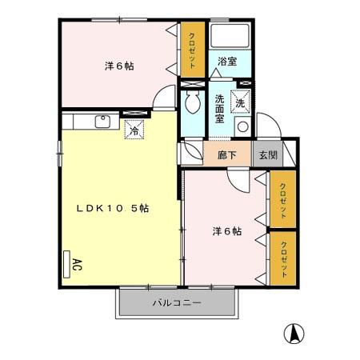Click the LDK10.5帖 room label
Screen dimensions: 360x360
coord(112,208)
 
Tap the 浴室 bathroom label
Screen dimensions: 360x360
coord(226,62)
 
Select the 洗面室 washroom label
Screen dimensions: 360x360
coord(219,110)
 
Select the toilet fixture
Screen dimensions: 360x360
coord(193,102)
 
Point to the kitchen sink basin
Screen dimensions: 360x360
coord(102,122)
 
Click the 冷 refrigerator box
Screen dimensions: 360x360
coord(134,128)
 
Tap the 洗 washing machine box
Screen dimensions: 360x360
coord(240,101)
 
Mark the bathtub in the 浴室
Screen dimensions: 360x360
coord(231,37)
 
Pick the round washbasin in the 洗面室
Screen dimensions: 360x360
coord(242,126)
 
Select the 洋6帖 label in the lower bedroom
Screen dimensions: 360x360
coord(227,232)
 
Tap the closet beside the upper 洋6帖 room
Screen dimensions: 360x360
coord(193,50)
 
